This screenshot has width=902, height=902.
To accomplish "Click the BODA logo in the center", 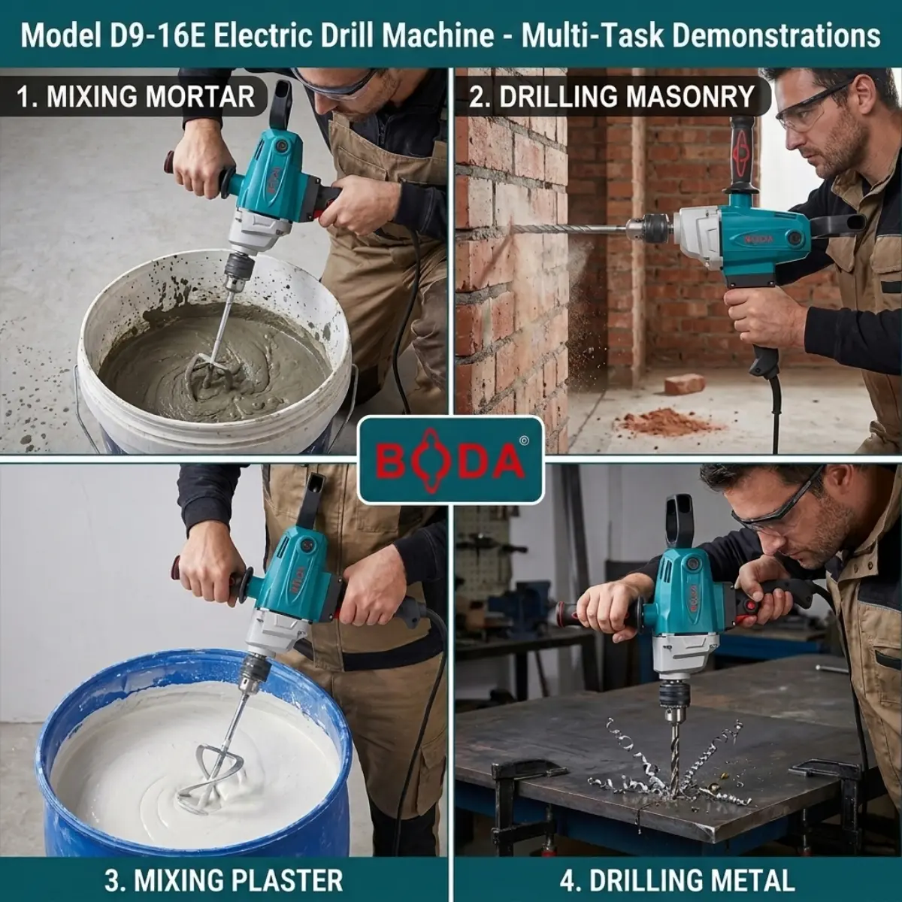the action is (450, 460).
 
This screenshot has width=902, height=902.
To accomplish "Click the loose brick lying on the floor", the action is (685, 384).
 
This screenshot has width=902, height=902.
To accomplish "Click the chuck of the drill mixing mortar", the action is (239, 269).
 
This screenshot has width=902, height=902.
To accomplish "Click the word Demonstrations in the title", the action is (776, 35).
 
